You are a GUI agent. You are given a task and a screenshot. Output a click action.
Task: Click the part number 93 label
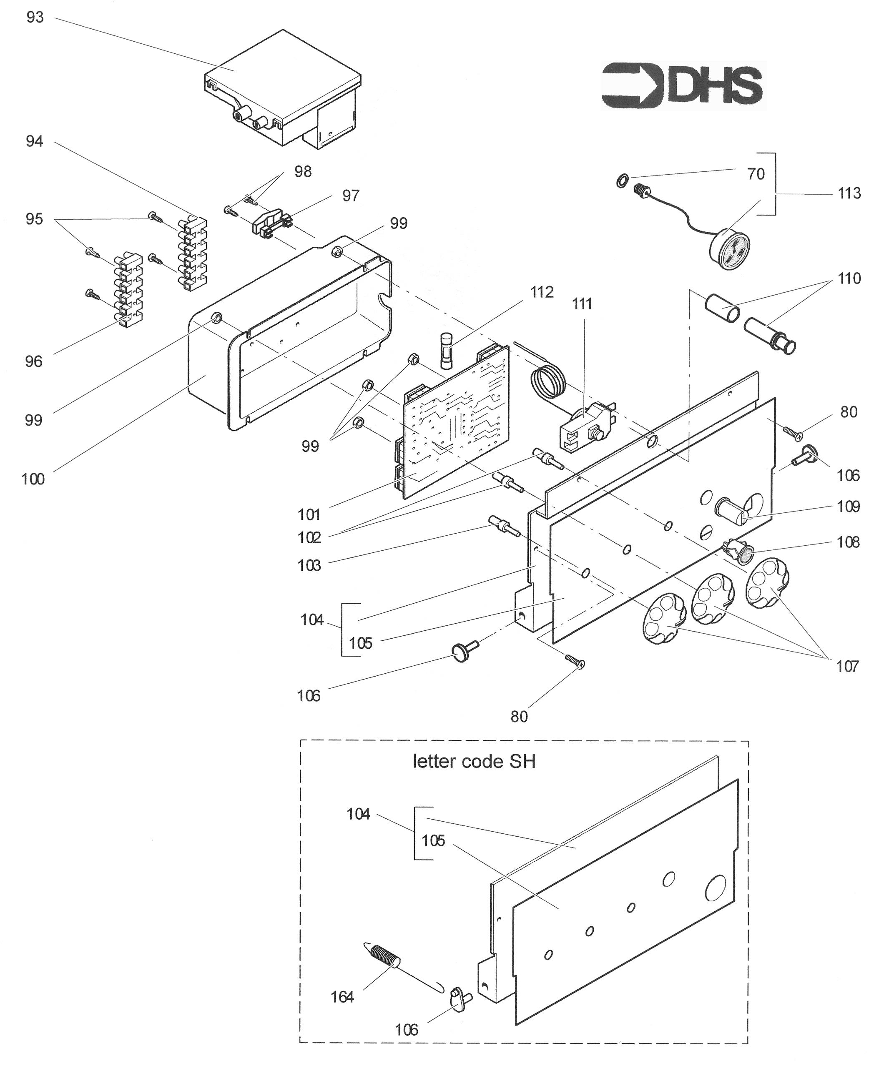point(35,18)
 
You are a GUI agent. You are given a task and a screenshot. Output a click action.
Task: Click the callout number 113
point(849,193)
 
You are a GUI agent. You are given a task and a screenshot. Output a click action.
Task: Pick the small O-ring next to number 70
point(623,180)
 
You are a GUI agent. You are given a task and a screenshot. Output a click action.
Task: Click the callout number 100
point(33,479)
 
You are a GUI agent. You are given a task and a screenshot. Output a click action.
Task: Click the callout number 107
point(847,667)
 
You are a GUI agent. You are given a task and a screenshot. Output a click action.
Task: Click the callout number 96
point(33,361)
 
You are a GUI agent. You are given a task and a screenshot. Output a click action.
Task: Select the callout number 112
point(542,292)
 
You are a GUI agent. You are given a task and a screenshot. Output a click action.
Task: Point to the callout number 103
point(309,565)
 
